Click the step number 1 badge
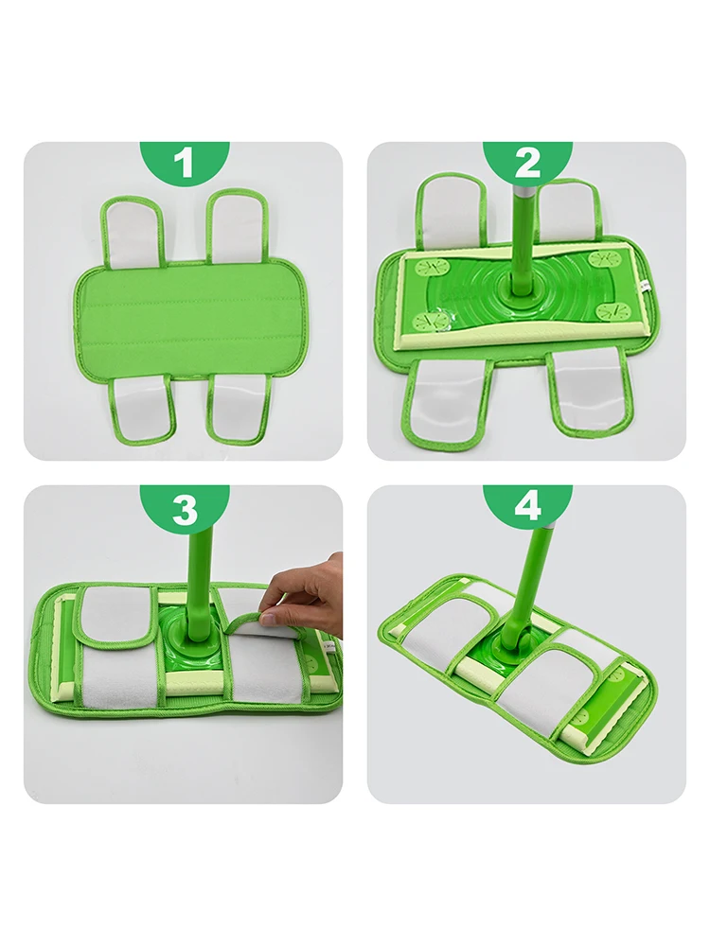point(184,163)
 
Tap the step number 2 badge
point(527,163)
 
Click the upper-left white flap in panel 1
point(133,233)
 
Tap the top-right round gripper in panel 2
point(602,258)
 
